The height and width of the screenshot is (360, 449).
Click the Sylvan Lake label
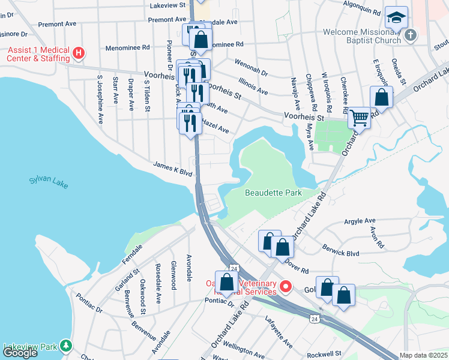(x=48, y=182)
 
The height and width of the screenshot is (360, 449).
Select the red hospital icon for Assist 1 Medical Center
(x=78, y=53)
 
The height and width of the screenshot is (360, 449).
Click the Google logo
(x=20, y=353)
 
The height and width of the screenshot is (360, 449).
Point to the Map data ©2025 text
(x=423, y=355)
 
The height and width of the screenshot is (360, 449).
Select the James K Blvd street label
(x=172, y=169)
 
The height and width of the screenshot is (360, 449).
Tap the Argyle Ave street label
(x=360, y=221)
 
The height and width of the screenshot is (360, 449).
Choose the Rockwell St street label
(x=324, y=354)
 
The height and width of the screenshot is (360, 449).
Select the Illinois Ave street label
(x=253, y=86)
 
